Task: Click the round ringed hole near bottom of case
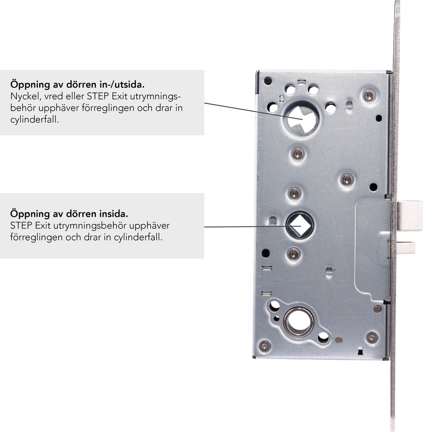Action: (299, 322)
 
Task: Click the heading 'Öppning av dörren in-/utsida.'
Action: (78, 84)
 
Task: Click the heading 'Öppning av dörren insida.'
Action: (69, 214)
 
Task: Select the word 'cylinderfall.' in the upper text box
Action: (34, 120)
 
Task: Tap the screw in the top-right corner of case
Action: (369, 95)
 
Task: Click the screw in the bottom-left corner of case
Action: (265, 346)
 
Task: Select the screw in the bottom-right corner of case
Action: (372, 337)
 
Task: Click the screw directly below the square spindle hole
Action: (293, 253)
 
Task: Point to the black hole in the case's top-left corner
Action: (268, 81)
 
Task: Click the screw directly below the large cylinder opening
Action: (298, 153)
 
